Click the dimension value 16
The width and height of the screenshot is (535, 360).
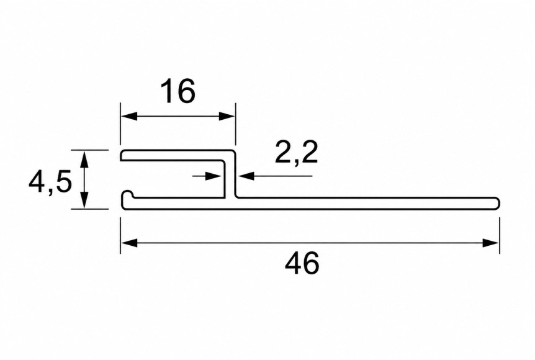click(178, 91)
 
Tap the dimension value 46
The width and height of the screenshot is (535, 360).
click(302, 263)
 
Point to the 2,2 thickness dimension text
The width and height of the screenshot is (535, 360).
click(296, 153)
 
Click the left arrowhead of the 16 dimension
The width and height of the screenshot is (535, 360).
click(129, 116)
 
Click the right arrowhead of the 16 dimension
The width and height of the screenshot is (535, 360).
click(227, 116)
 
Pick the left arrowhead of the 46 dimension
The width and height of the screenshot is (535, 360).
click(129, 243)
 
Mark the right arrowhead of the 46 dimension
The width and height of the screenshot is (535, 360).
click(491, 243)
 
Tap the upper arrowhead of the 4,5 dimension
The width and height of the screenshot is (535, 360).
click(84, 159)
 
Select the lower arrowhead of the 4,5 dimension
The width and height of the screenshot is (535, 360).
click(84, 200)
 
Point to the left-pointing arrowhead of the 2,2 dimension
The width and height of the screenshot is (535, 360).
click(246, 176)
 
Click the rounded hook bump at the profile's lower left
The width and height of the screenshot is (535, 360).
click(128, 194)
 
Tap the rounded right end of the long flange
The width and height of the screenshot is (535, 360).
click(497, 203)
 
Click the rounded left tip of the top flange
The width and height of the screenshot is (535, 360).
click(122, 155)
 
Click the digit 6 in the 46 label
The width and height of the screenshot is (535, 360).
click(311, 263)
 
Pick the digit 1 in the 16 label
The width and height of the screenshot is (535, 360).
click(168, 91)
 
